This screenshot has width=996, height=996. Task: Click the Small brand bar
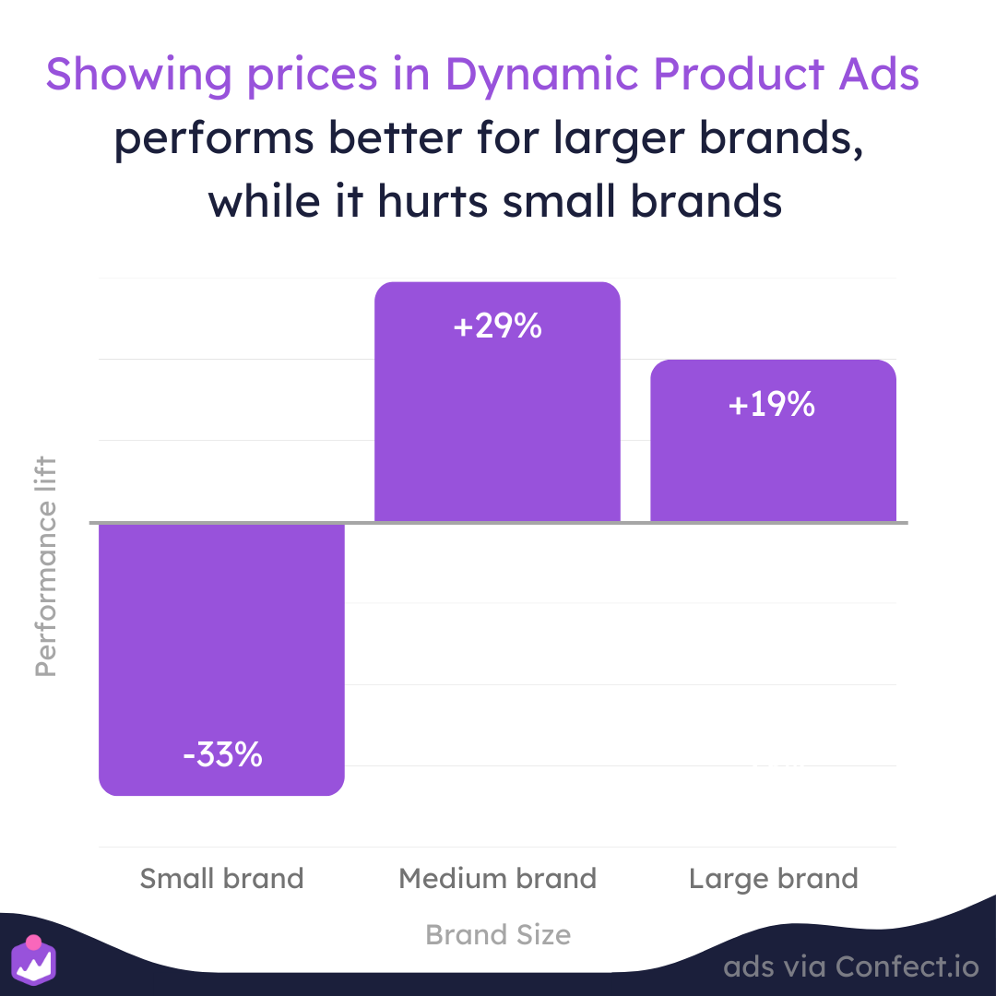pos(221,658)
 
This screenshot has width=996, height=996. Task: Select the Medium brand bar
pos(497,401)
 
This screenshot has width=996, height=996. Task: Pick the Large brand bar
pos(773,441)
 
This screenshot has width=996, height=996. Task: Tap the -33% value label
pos(222,754)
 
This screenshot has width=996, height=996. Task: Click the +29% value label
pos(497,326)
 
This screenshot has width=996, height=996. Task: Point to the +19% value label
pos(772,404)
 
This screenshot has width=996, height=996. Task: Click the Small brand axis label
pos(221,879)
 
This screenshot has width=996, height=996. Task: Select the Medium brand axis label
pos(497,879)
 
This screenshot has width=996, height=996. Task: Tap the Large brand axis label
pos(774,880)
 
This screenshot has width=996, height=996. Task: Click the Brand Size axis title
pos(498,934)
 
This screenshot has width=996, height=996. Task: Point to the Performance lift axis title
pos(46,566)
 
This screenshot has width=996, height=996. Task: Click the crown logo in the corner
pos(34,960)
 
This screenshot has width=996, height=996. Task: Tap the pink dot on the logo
pos(34,942)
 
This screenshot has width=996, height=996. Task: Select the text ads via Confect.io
pos(851,966)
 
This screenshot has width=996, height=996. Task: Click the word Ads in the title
pos(879,75)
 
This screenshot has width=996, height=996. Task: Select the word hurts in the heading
pos(433,201)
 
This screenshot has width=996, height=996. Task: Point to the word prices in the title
pos(312,77)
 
